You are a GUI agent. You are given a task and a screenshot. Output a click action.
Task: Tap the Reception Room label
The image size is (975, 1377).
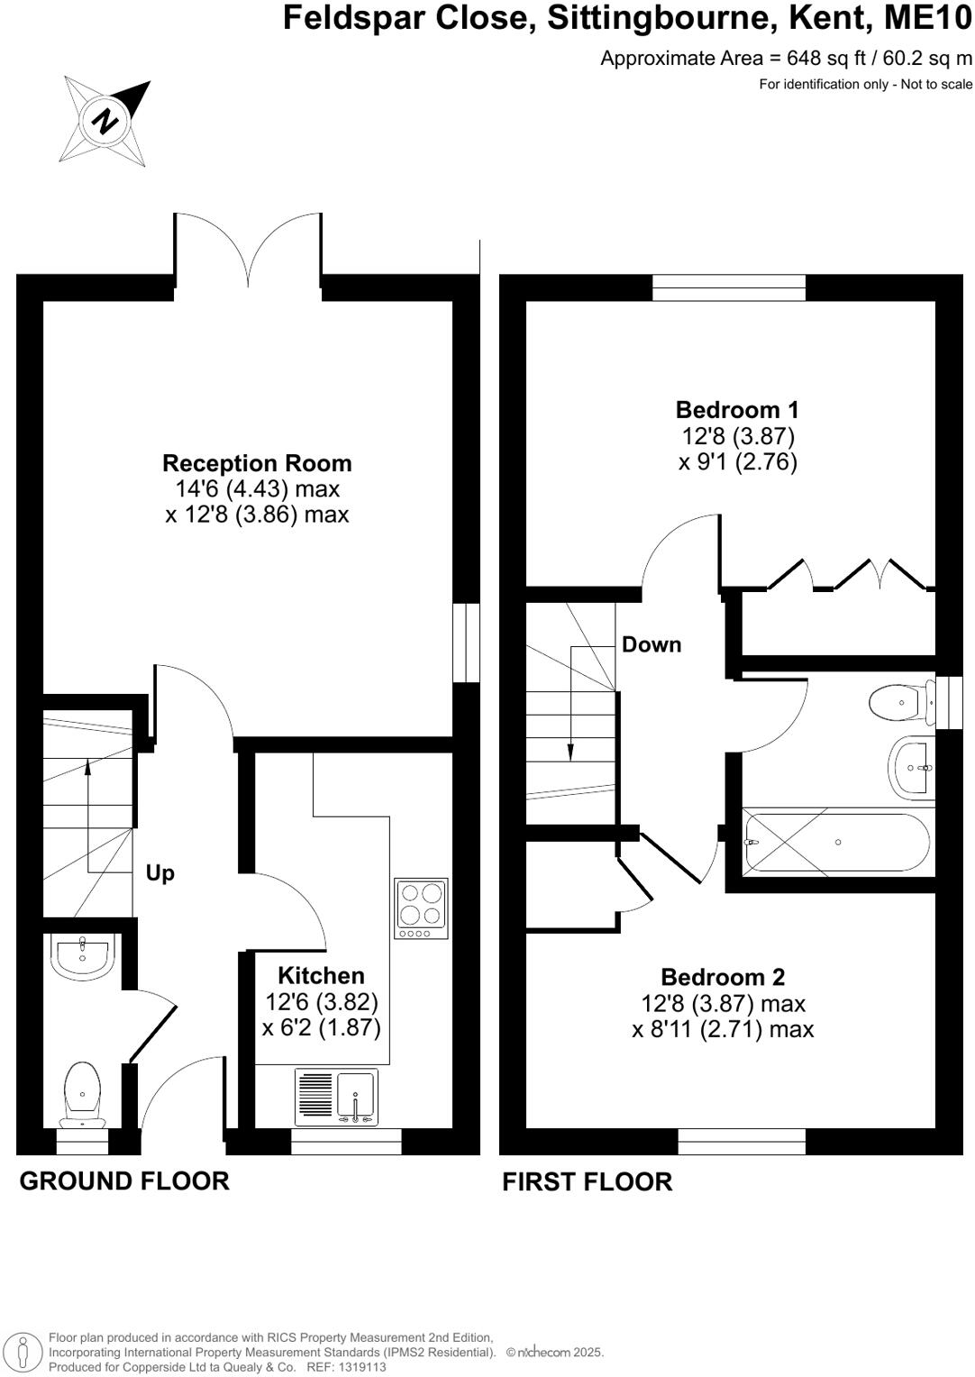pyautogui.click(x=257, y=463)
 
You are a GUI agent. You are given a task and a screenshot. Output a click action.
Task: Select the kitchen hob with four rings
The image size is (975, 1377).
pyautogui.click(x=421, y=907)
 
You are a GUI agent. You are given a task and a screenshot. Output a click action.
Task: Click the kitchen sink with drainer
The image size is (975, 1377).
pyautogui.click(x=336, y=1097)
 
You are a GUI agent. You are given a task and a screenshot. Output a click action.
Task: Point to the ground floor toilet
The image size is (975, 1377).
pyautogui.click(x=82, y=1093)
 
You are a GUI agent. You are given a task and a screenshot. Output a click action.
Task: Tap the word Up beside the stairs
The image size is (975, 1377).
pyautogui.click(x=160, y=873)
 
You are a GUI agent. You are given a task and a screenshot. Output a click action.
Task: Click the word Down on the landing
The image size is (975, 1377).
pyautogui.click(x=652, y=644)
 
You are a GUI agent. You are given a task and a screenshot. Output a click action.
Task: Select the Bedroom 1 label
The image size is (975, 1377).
pyautogui.click(x=737, y=410)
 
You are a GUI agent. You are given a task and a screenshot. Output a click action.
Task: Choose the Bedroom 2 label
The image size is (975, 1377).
pyautogui.click(x=723, y=977)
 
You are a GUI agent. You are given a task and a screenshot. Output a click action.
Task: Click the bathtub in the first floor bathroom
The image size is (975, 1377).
pyautogui.click(x=835, y=842)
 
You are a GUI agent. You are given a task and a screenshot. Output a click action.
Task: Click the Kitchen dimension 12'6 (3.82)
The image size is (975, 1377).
pyautogui.click(x=322, y=1001)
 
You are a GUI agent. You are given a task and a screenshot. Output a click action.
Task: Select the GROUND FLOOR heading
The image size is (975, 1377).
pyautogui.click(x=124, y=1181)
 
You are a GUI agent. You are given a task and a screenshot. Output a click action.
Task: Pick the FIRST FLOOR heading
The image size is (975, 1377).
pyautogui.click(x=587, y=1181)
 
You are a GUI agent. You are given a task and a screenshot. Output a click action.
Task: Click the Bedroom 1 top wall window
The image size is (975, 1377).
pyautogui.click(x=728, y=287)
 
